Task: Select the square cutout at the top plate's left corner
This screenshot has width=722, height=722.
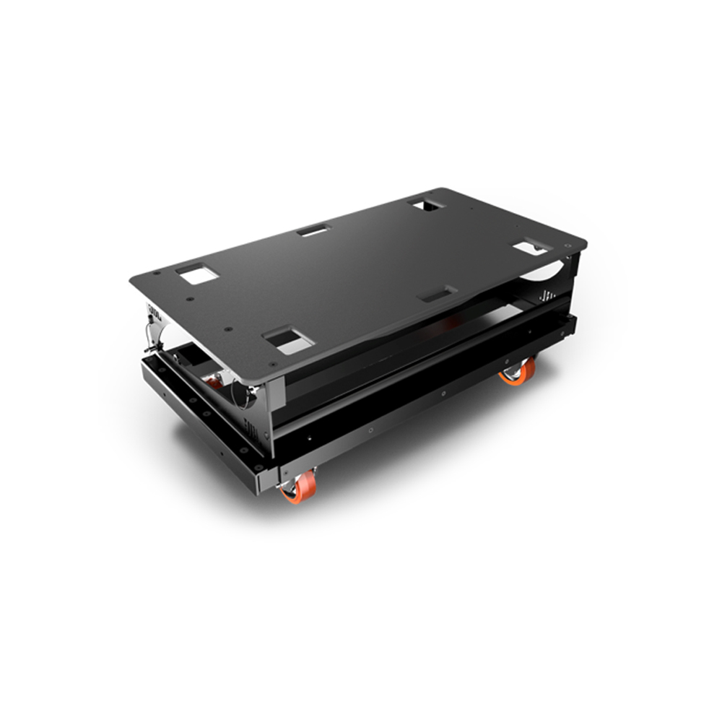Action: click(x=195, y=274)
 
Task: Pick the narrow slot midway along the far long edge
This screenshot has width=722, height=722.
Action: click(x=313, y=231)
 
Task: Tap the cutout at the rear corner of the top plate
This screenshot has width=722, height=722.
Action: click(x=425, y=204)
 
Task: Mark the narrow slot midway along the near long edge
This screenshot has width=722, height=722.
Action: click(x=438, y=294)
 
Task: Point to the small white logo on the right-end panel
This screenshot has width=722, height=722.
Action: click(x=547, y=295)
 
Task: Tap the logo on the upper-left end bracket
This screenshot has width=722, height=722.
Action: click(x=154, y=311)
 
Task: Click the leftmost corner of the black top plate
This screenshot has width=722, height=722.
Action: click(x=132, y=279)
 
